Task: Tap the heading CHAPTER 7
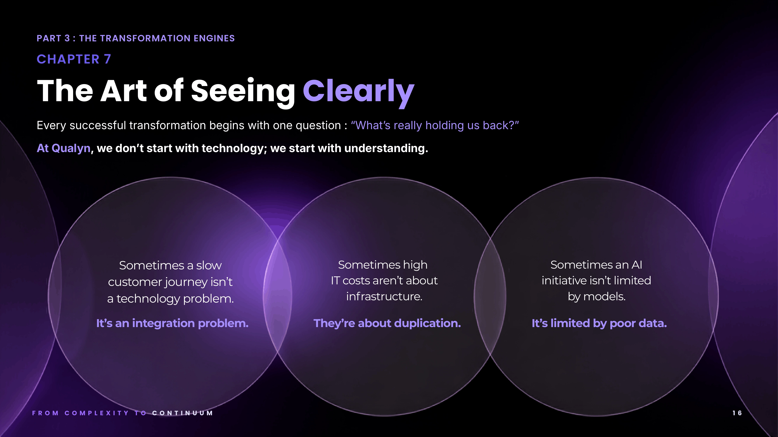tap(74, 59)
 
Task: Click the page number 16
tap(737, 413)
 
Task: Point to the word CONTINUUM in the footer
tap(183, 413)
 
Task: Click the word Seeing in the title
tap(243, 91)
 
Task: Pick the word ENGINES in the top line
tap(214, 38)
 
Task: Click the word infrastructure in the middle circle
tap(384, 296)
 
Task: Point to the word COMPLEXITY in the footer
tap(97, 413)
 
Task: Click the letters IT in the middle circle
tap(335, 280)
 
